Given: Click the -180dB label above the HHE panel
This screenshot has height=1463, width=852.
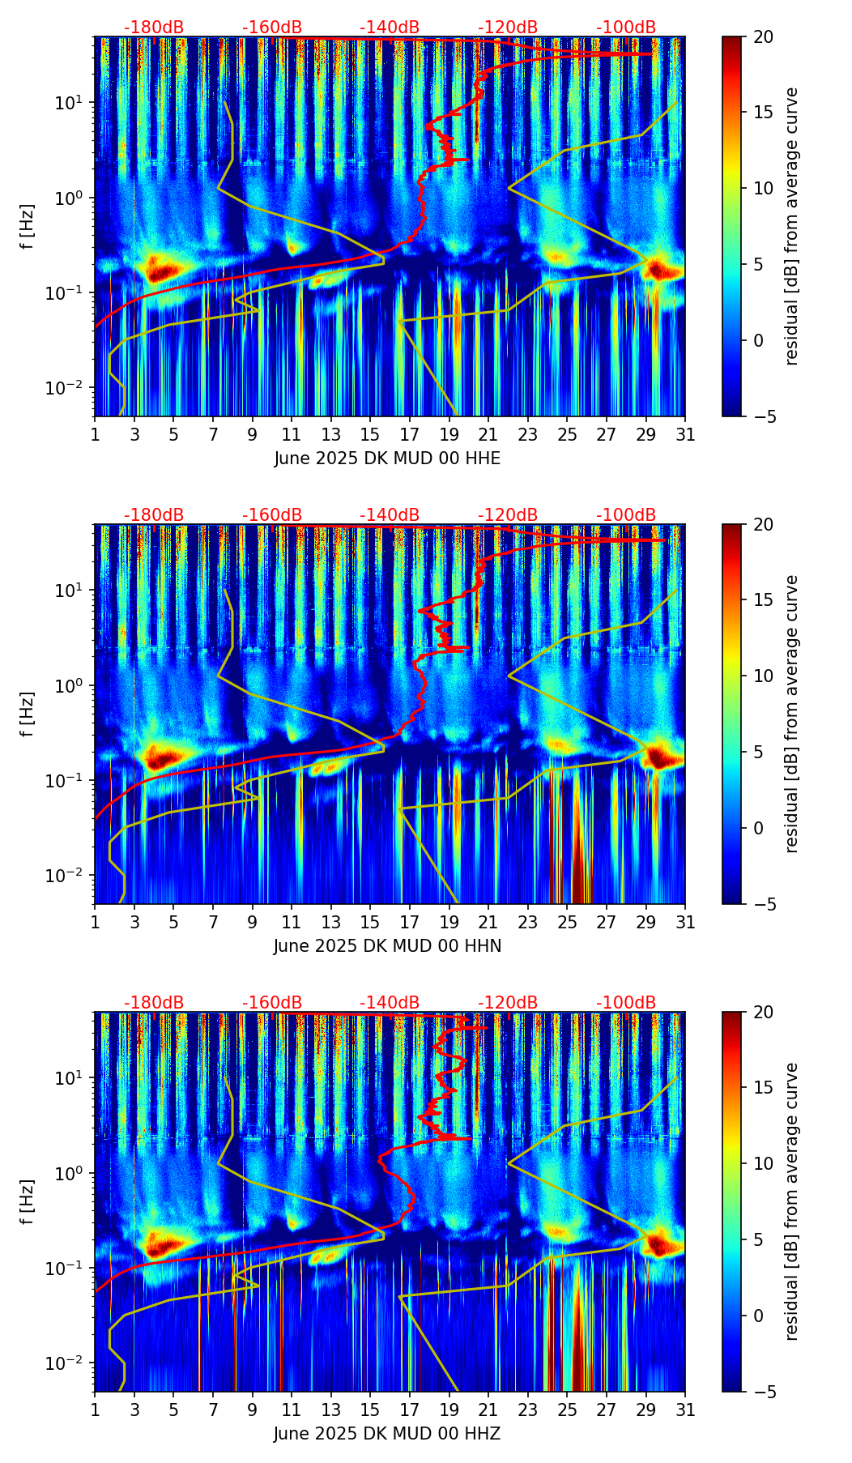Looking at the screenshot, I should click(154, 28).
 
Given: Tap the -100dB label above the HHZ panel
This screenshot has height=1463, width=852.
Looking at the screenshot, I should click(626, 1003).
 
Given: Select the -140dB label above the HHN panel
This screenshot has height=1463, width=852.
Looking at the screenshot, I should click(390, 515).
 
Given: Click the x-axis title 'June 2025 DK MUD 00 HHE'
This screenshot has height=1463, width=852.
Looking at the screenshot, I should click(387, 459).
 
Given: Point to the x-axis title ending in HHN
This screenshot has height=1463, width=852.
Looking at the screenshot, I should click(387, 945).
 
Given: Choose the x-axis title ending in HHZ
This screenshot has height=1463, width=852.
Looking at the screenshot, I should click(387, 1434).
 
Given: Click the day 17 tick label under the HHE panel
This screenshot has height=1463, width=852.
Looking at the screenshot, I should click(410, 434).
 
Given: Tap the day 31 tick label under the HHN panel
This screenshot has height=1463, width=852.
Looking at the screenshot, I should click(685, 922).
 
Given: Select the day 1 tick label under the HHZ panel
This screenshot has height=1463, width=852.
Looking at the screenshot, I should click(95, 1410).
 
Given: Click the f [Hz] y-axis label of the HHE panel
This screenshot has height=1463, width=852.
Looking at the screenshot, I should click(28, 226).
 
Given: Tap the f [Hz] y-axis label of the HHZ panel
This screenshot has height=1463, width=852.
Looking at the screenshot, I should click(28, 1201).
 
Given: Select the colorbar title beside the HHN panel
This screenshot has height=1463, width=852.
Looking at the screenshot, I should click(791, 714).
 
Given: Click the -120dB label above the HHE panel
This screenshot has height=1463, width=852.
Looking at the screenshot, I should click(508, 28).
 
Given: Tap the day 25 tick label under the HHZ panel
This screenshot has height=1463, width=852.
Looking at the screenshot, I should click(567, 1410).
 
